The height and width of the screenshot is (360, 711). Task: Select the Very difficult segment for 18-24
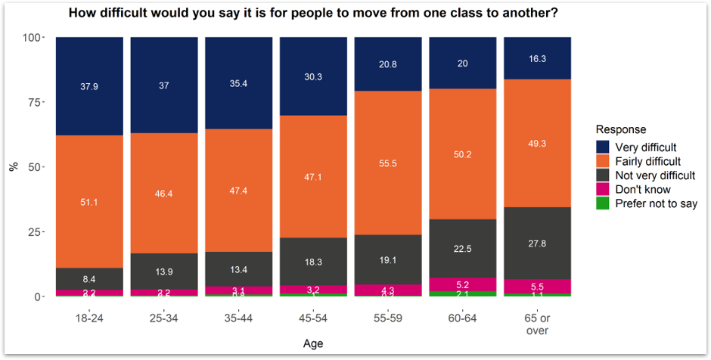[89, 76]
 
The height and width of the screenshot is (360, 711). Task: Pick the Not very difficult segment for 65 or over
[537, 243]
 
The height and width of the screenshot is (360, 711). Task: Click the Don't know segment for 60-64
[462, 284]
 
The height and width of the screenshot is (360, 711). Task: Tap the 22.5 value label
[462, 247]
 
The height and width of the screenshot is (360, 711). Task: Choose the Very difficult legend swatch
[604, 147]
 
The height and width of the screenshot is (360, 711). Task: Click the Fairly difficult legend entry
[647, 161]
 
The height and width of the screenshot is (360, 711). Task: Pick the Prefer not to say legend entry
[656, 203]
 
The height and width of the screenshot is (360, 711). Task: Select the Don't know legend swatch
[604, 189]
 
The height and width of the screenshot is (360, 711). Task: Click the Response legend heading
[620, 129]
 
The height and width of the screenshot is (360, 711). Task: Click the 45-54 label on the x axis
[313, 318]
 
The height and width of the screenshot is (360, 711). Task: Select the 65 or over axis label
[537, 324]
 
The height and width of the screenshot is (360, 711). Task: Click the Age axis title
[313, 344]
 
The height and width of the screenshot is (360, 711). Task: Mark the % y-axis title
[13, 166]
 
